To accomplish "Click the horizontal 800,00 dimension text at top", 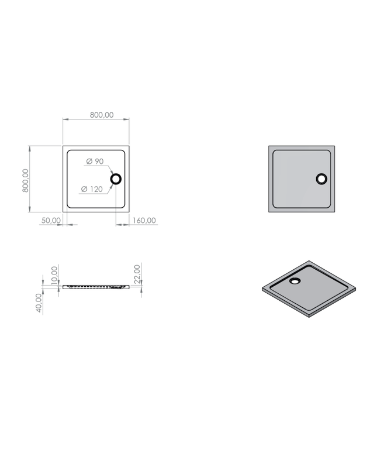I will coord(102,115).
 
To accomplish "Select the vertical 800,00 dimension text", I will coord(25,182).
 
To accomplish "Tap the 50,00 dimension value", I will coord(50,221).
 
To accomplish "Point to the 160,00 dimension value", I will coord(144,221).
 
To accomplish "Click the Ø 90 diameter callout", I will coord(95,161).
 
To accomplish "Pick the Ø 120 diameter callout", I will coord(92,189).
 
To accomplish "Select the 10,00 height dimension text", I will coord(54,274).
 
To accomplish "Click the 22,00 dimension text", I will coord(137,273).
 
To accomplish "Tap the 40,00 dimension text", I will coord(39,303).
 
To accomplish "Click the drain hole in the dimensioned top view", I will coord(116,179).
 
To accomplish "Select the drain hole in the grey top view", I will coord(321,179).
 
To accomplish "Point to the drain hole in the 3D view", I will coord(296,280).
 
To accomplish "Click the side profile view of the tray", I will coord(96,286).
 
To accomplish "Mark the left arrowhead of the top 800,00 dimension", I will coord(65,120).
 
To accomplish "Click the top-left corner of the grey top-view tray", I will coord(269,146).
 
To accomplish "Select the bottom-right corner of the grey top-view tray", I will coord(335,212).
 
